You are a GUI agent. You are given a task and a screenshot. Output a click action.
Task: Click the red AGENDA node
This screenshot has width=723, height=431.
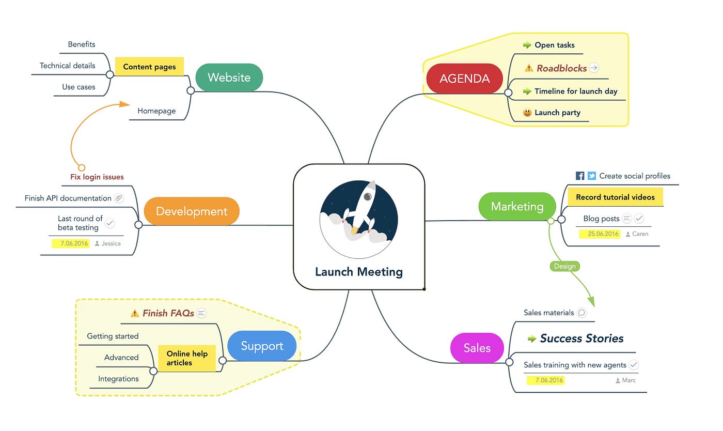(464, 79)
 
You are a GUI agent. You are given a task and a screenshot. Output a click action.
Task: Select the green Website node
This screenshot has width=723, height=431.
(229, 78)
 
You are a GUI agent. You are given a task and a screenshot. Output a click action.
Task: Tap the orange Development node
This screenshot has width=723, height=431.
(191, 211)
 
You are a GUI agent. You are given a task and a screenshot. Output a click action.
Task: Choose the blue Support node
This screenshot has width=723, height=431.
(262, 346)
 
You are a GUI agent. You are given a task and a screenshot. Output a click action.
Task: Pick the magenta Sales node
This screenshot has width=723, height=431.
(477, 348)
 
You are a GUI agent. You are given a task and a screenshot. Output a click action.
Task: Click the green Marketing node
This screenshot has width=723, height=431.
(516, 206)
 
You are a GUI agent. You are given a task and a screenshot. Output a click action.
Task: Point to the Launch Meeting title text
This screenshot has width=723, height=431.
(359, 272)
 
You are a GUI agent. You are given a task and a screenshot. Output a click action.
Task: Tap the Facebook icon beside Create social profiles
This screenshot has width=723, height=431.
(580, 176)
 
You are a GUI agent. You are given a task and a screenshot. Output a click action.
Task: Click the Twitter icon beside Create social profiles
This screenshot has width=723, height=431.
(592, 176)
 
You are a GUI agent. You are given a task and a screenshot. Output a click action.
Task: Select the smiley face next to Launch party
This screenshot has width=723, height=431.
(527, 113)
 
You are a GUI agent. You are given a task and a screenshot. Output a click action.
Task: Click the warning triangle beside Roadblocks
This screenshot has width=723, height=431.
(528, 68)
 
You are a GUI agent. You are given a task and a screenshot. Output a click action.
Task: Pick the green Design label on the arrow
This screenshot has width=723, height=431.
(564, 266)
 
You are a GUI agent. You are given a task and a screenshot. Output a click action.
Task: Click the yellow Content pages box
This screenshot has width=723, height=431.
(149, 67)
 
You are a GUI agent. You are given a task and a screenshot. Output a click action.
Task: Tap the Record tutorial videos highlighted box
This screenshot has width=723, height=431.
(615, 197)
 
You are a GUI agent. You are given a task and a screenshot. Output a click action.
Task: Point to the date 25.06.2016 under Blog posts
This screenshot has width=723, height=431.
(603, 234)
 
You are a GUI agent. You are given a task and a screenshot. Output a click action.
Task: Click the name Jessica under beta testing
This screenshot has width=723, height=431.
(111, 243)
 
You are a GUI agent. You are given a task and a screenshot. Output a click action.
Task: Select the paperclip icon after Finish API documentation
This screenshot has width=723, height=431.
(119, 198)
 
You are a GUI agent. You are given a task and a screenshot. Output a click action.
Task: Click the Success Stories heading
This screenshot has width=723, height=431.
(581, 338)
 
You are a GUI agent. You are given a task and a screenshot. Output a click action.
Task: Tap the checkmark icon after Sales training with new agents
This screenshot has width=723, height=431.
(634, 365)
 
